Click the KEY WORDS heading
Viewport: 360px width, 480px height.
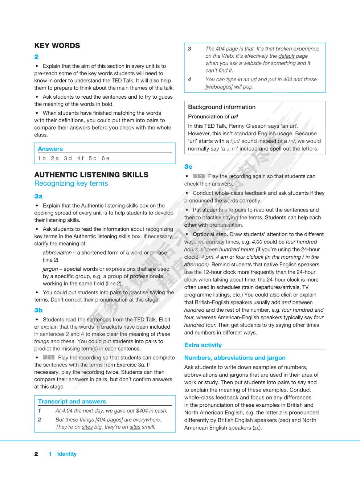[x=57, y=46]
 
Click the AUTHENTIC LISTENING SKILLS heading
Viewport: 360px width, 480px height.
[x=91, y=175]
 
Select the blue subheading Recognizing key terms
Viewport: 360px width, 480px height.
[x=71, y=184]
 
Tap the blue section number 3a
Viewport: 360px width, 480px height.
[x=38, y=196]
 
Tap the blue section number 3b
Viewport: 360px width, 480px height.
[x=38, y=310]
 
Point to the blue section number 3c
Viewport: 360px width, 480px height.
[x=188, y=167]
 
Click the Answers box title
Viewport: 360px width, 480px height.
[x=50, y=149]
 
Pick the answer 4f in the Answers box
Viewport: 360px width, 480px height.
[x=80, y=158]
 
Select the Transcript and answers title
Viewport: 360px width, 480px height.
[x=72, y=402]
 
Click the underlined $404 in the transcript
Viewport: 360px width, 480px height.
[x=142, y=411]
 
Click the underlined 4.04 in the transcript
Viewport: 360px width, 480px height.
[x=67, y=411]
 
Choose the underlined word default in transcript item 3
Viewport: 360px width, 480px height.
[x=286, y=56]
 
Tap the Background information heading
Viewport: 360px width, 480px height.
[x=221, y=107]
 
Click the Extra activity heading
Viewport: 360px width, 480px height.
[x=202, y=345]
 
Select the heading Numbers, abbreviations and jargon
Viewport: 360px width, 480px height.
[x=235, y=358]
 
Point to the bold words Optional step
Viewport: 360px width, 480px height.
[x=210, y=234]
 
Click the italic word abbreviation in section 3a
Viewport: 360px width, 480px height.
[x=57, y=253]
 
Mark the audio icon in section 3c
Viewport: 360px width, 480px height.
[x=199, y=176]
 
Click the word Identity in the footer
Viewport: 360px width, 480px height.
[x=67, y=454]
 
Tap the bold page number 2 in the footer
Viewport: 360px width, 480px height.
[x=36, y=454]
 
